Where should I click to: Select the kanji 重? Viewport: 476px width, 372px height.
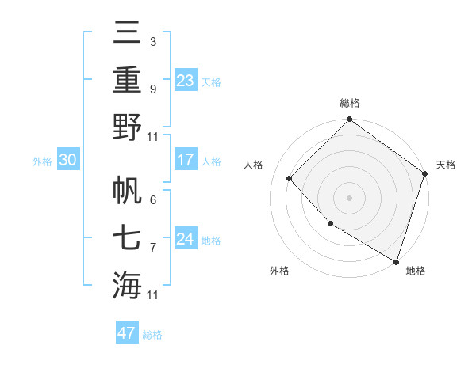[128, 80]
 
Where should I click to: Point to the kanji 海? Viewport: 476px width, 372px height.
[128, 284]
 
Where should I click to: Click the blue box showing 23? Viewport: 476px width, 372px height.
[186, 81]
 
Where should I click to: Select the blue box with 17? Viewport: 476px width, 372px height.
[186, 160]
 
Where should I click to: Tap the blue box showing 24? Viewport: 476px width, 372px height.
[186, 239]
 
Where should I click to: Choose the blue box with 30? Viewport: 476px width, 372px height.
[67, 160]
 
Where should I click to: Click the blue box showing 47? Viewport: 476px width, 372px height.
[127, 333]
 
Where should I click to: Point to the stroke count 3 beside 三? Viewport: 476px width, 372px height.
[152, 40]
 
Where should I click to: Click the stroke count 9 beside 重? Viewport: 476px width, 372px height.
[152, 89]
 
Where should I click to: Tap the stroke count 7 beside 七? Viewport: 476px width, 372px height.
[152, 248]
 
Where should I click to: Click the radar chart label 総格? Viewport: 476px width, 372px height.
[349, 103]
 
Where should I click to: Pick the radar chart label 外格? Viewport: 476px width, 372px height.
[279, 271]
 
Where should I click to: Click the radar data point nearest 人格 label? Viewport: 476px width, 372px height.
[290, 178]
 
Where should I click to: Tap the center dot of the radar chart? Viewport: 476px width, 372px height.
[349, 197]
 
